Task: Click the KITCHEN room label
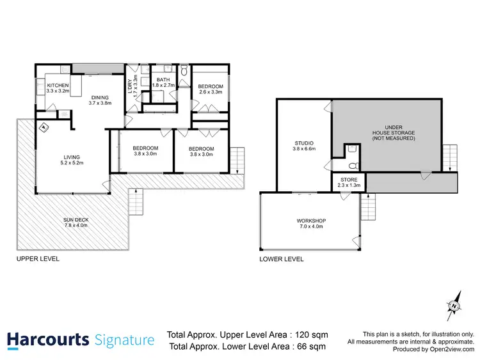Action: (x=58, y=88)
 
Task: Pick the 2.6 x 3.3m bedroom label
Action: (x=210, y=90)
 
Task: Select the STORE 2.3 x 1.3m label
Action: (x=349, y=182)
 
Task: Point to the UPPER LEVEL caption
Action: (x=38, y=259)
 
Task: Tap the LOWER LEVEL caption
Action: (x=282, y=259)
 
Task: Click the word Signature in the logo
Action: (x=124, y=339)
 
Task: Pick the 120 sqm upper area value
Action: (x=312, y=334)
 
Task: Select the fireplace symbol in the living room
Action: (x=44, y=127)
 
